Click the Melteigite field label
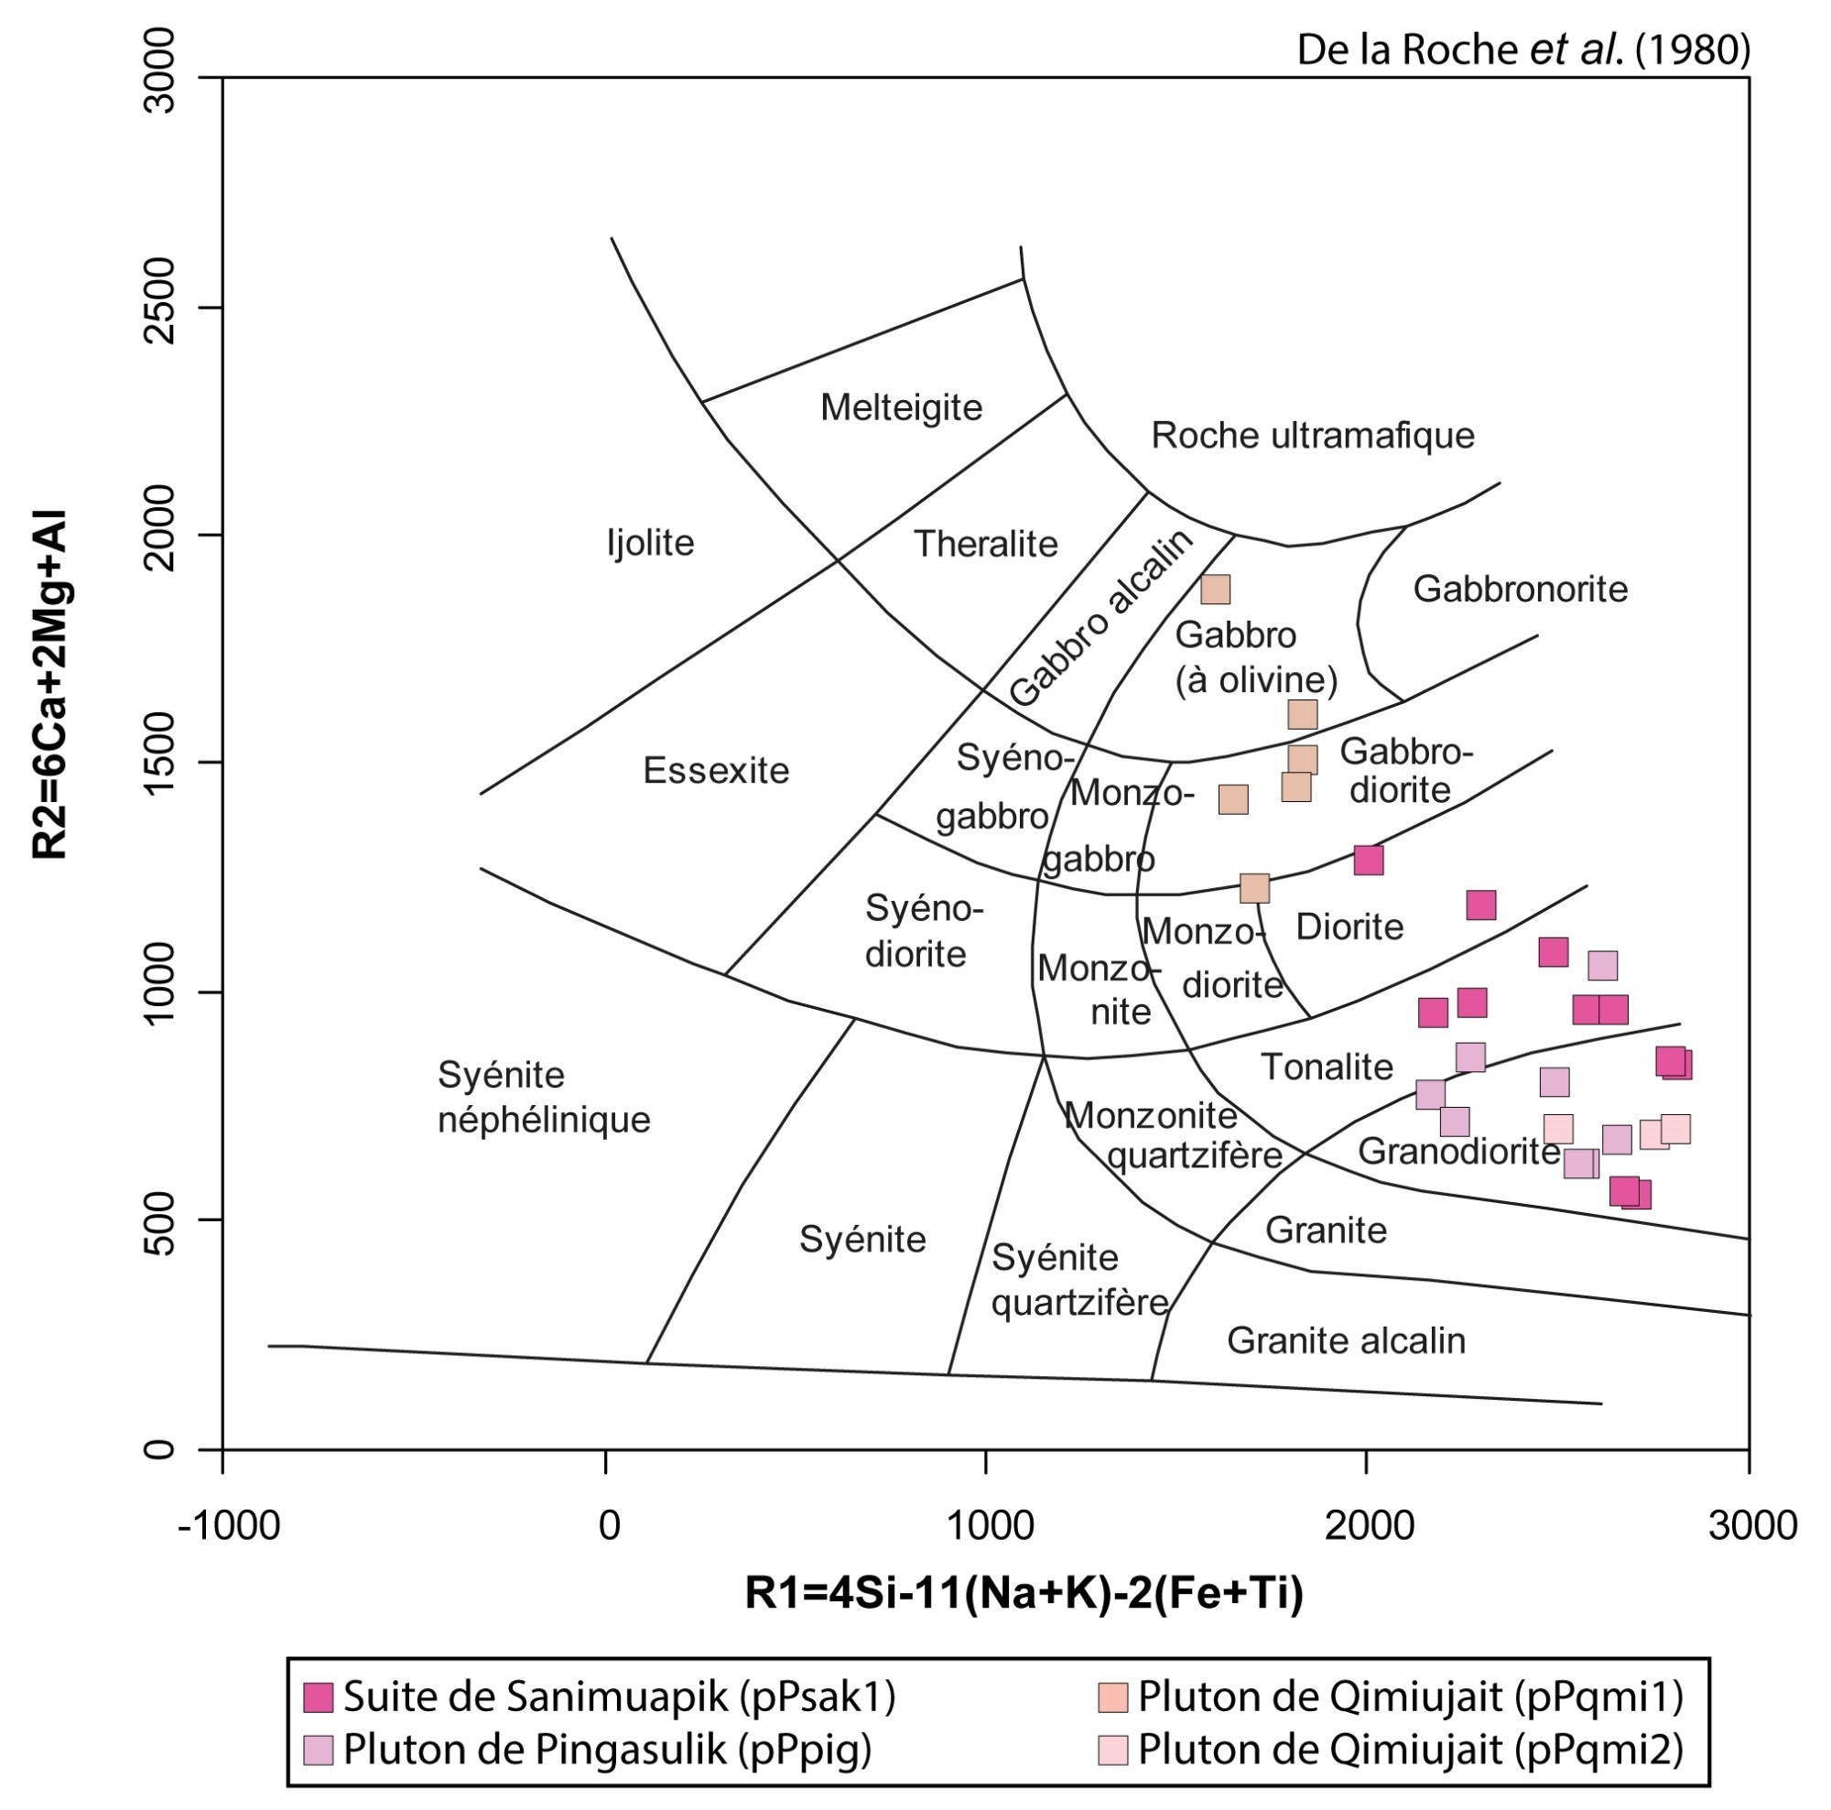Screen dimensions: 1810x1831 tap(900, 407)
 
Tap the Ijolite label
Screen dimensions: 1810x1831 tap(650, 543)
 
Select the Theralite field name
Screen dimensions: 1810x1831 tap(985, 544)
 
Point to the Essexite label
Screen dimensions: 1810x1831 tap(716, 771)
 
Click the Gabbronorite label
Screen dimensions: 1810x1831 tap(1519, 590)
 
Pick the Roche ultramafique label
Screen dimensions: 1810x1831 tap(1312, 436)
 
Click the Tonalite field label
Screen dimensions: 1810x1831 tap(1326, 1067)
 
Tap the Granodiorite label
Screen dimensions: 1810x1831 tap(1457, 1152)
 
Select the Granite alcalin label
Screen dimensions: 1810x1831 tap(1346, 1341)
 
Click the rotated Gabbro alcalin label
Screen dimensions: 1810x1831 tap(1100, 618)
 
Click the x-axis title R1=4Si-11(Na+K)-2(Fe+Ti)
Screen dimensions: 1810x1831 tap(1024, 1593)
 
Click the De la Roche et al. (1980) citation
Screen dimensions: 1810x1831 tap(1523, 49)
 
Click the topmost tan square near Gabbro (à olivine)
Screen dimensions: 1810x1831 tap(1215, 590)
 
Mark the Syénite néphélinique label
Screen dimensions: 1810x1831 tap(543, 1098)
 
